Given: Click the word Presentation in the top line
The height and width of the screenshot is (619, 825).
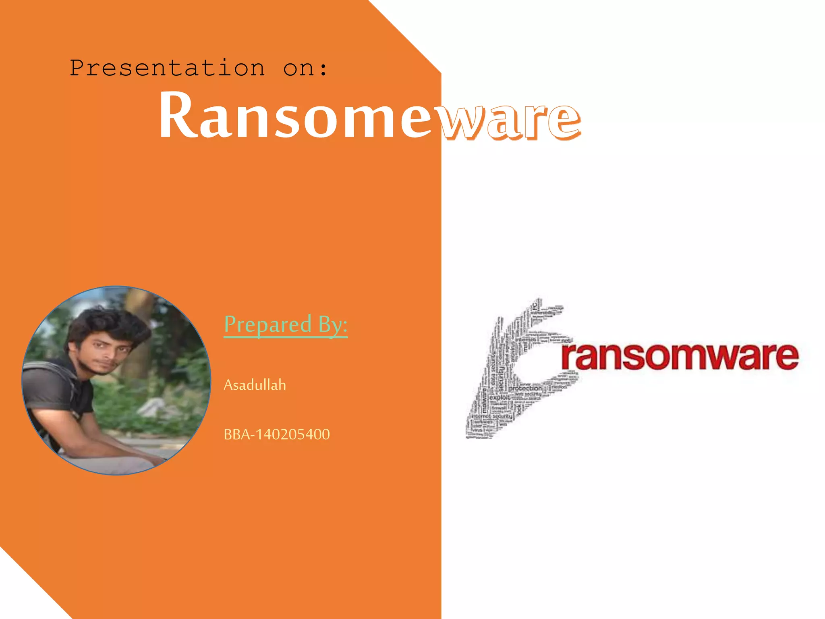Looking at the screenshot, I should click(167, 68).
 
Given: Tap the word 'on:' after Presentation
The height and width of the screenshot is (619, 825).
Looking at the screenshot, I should click(305, 68).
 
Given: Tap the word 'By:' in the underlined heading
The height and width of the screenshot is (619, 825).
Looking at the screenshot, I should click(333, 325).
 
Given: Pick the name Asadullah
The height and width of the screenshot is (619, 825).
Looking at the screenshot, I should click(255, 385).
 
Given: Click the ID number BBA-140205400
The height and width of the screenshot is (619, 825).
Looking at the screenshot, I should click(277, 434).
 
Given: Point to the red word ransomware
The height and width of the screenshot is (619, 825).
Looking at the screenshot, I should click(680, 356).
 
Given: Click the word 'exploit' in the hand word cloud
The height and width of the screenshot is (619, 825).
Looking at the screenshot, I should click(500, 397).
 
